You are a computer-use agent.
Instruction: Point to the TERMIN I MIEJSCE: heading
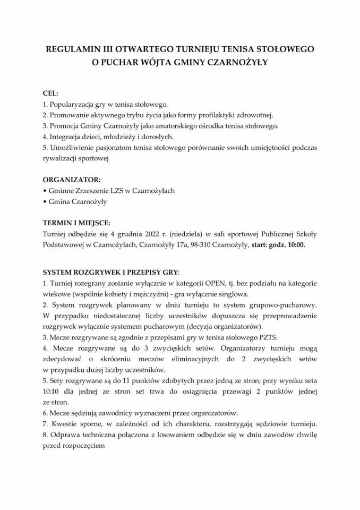[76, 223]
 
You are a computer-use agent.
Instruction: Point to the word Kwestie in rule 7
[65, 424]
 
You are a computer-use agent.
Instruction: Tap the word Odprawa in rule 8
[66, 435]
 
